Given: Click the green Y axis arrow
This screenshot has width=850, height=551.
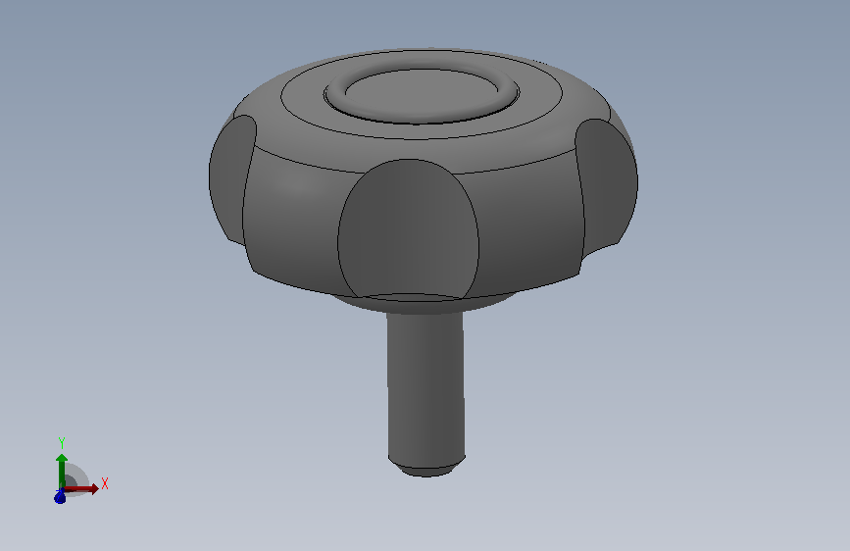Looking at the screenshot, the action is click(x=62, y=471).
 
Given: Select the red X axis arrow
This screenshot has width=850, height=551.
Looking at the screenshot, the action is click(x=80, y=488).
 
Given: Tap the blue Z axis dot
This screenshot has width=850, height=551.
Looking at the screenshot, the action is click(x=60, y=496).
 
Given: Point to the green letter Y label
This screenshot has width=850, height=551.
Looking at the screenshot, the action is click(x=62, y=443).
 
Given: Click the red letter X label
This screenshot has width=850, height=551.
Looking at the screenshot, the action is click(x=105, y=483).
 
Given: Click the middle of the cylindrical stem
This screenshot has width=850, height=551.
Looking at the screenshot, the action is click(x=426, y=385).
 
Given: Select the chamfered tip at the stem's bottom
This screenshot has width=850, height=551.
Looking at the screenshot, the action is click(x=426, y=467).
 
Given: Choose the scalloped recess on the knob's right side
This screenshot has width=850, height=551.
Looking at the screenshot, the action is click(x=607, y=187).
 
